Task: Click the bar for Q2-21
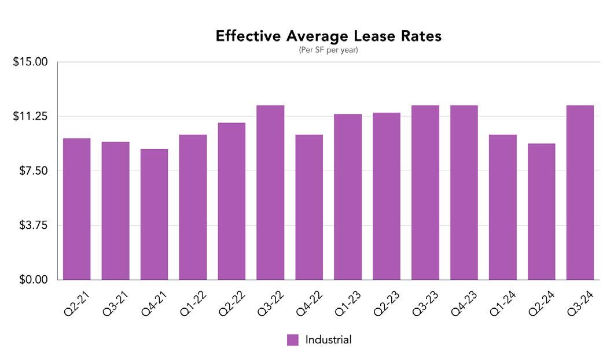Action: click(x=76, y=209)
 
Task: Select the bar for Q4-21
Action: click(x=154, y=214)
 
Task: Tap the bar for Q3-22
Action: click(x=270, y=192)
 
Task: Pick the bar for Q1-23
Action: click(x=348, y=197)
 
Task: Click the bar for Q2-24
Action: click(x=542, y=211)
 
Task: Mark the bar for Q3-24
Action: click(x=580, y=192)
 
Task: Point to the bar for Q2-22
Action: click(x=231, y=201)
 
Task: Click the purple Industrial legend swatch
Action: click(x=293, y=340)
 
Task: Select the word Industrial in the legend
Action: click(x=328, y=340)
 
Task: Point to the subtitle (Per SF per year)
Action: click(x=329, y=50)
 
